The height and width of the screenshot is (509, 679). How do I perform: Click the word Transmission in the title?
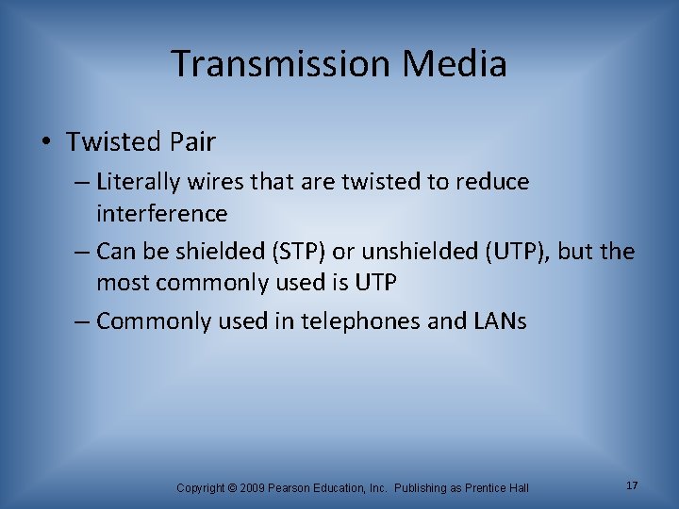pyautogui.click(x=280, y=64)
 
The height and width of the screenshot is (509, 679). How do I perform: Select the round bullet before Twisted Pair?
pyautogui.click(x=46, y=142)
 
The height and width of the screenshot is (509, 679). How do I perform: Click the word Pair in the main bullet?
pyautogui.click(x=193, y=142)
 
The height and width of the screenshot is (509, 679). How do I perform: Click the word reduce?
pyautogui.click(x=493, y=181)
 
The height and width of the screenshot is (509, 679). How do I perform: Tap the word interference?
pyautogui.click(x=161, y=214)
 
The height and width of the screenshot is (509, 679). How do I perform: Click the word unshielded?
pyautogui.click(x=394, y=252)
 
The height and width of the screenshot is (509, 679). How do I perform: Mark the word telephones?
pyautogui.click(x=361, y=321)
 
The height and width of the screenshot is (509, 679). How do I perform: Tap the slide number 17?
pyautogui.click(x=631, y=484)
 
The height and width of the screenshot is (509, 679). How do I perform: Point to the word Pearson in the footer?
pyautogui.click(x=291, y=487)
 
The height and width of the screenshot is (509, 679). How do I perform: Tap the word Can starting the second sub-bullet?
pyautogui.click(x=117, y=252)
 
